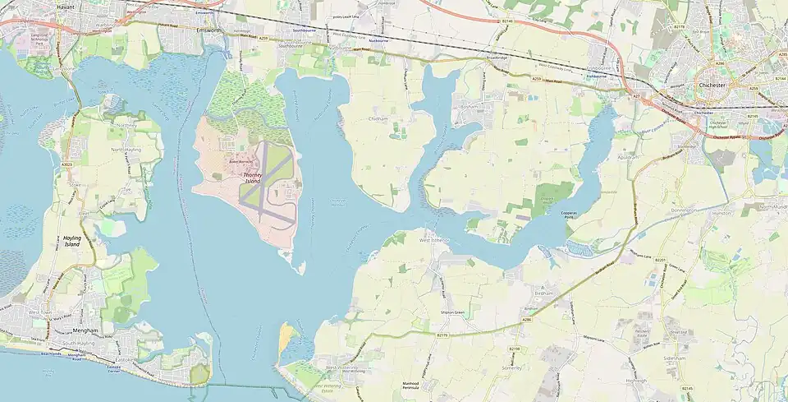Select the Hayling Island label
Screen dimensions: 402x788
(72, 242)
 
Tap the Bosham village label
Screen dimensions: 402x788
(469, 107)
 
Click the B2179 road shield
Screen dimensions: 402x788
(442, 335)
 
